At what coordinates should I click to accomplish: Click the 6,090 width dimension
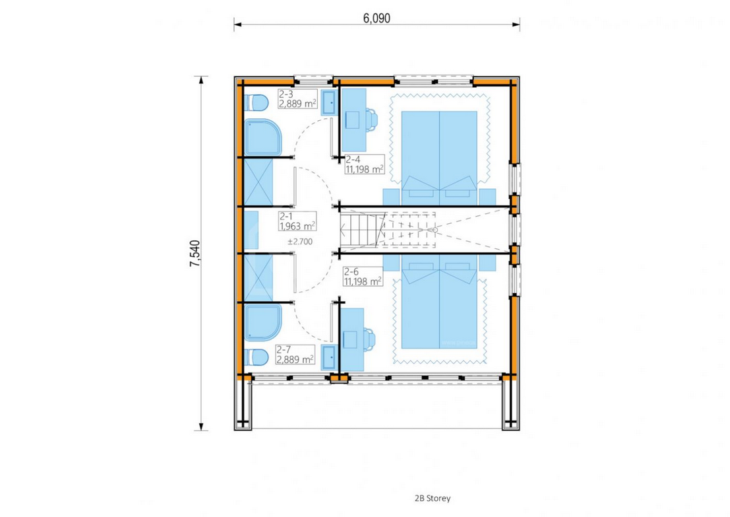click(376, 18)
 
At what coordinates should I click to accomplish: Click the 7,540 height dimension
click(195, 253)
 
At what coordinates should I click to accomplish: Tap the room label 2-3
click(286, 94)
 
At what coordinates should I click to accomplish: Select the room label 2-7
click(284, 350)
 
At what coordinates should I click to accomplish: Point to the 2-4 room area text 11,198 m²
click(365, 169)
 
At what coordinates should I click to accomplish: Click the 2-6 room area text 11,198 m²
click(363, 281)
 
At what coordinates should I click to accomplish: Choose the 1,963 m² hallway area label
click(297, 226)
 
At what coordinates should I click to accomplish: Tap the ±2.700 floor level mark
click(300, 242)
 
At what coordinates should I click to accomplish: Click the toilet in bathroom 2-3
click(257, 102)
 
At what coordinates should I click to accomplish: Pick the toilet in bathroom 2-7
click(257, 358)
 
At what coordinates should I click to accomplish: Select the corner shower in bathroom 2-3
click(263, 137)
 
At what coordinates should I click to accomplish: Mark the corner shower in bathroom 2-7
click(263, 323)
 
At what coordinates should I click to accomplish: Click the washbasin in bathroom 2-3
click(330, 102)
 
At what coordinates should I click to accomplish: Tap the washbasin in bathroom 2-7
click(330, 358)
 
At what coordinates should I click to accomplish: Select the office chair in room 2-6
click(370, 339)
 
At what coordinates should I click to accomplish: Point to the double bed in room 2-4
click(439, 158)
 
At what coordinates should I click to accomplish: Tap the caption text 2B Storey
click(433, 499)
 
